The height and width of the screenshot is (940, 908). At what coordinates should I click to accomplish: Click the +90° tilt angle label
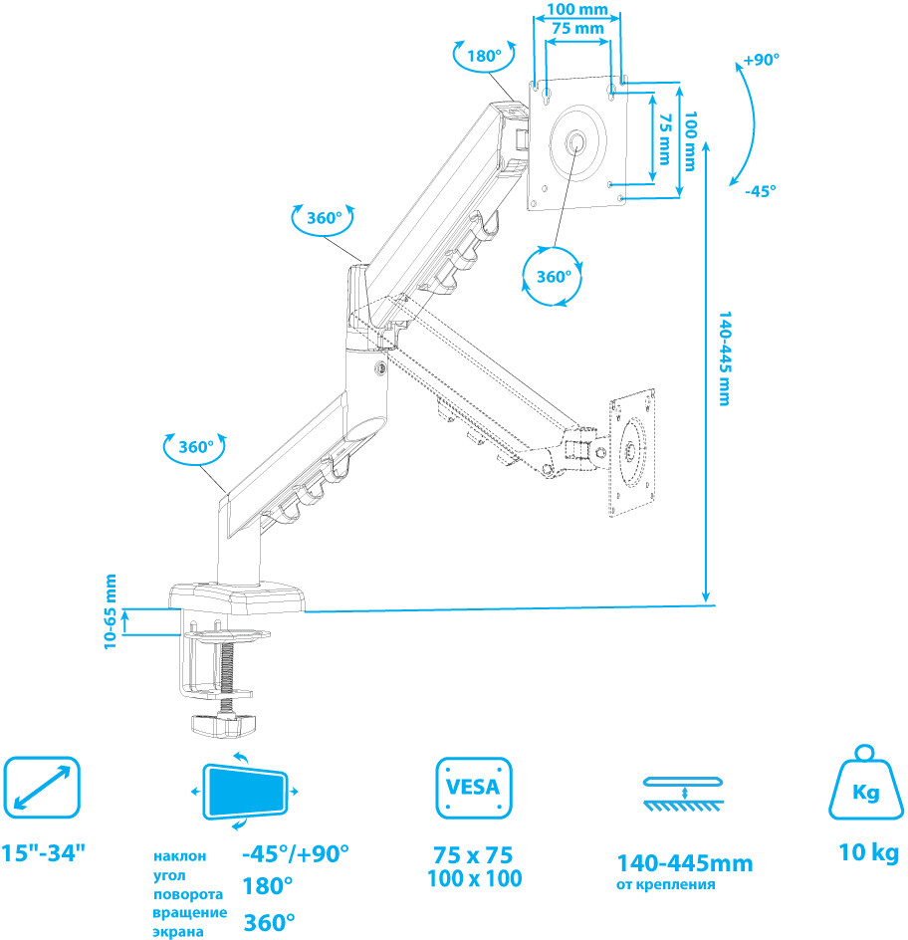point(762,60)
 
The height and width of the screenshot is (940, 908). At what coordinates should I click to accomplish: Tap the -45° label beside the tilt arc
point(760,191)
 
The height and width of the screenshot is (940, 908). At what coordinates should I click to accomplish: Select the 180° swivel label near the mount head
point(484,56)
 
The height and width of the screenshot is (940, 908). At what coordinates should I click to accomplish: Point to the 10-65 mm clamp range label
point(111,611)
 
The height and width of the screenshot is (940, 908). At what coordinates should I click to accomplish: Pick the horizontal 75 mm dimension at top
point(577,29)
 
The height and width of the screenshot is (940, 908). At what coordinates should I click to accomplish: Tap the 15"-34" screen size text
point(44,853)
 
